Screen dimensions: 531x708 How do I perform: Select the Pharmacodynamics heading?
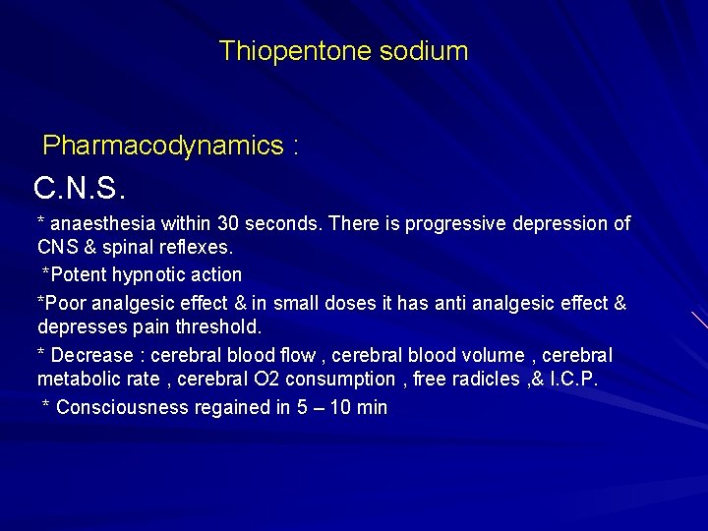click(162, 147)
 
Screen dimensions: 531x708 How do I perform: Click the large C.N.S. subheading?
click(81, 187)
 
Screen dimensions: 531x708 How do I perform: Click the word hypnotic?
click(153, 273)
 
